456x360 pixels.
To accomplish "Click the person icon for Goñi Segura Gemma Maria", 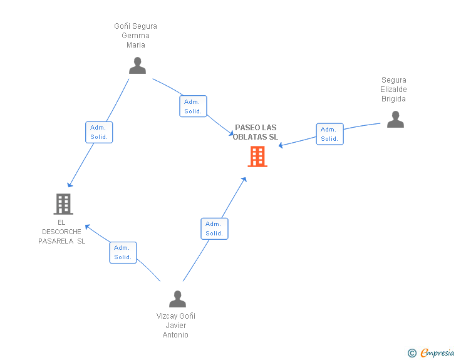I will click(137, 66).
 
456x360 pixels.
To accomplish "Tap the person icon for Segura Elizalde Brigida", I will click(395, 119).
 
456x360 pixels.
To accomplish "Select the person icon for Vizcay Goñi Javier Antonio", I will click(177, 299).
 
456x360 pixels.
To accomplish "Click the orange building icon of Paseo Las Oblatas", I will click(257, 157).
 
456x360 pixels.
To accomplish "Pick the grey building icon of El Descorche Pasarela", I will click(63, 203).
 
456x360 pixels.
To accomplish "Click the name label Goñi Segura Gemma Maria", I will click(135, 36).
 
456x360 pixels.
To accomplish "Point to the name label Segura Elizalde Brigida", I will click(394, 90).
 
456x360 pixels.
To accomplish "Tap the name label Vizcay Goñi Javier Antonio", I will click(176, 326).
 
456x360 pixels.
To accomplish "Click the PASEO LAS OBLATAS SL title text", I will click(256, 132).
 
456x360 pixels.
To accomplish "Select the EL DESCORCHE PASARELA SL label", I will click(61, 232).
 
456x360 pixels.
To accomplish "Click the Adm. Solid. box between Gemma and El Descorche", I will click(99, 132).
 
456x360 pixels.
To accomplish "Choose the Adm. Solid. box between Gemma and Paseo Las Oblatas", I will click(193, 106).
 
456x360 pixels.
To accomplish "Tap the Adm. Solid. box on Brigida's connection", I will click(329, 134).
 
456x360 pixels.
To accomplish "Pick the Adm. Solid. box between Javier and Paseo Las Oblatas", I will click(214, 229).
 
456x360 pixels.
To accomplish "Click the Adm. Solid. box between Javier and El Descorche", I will click(123, 252).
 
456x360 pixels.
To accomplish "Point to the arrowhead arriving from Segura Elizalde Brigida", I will click(281, 146).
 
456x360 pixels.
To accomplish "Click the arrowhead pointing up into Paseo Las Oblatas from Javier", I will click(244, 179).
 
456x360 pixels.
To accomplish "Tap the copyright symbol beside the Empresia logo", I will click(412, 353).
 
